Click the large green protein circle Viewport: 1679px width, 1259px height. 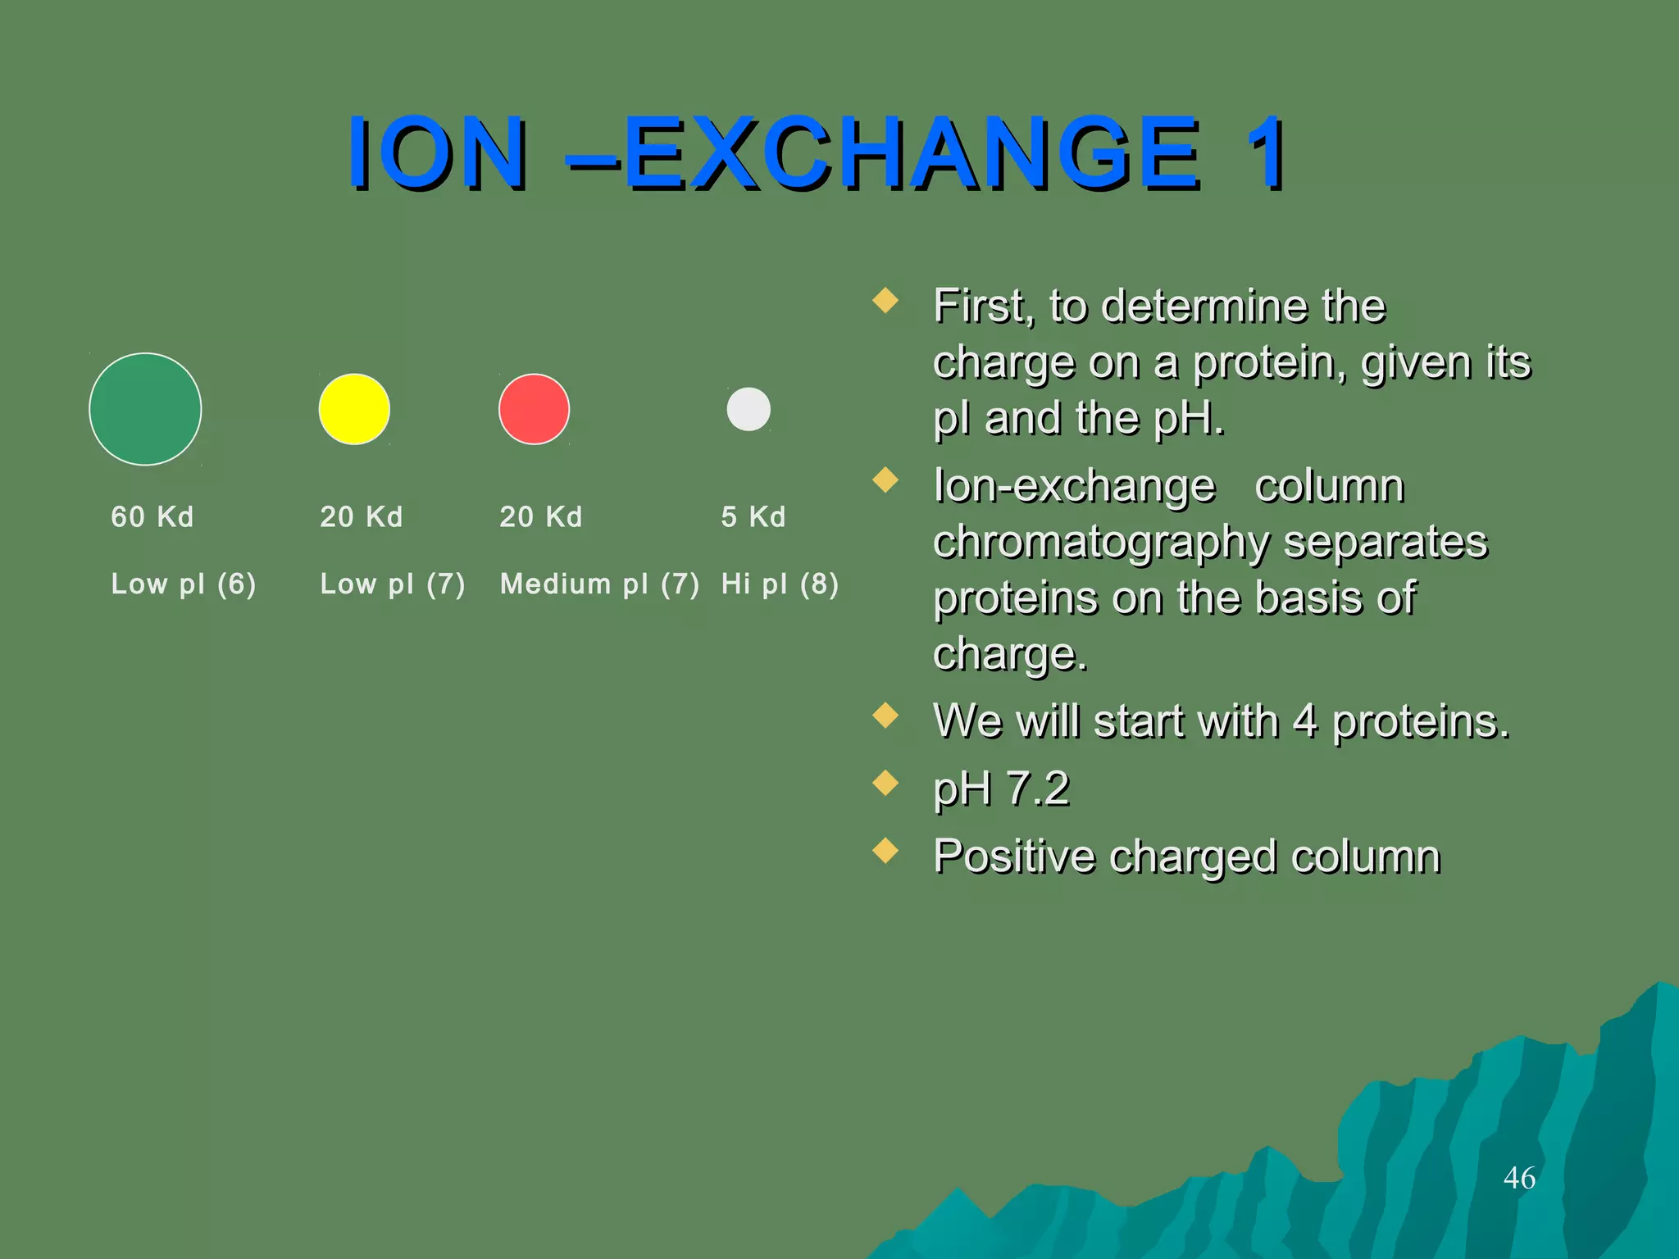pos(145,409)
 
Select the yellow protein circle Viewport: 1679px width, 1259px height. pos(354,409)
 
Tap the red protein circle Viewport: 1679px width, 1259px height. pos(534,409)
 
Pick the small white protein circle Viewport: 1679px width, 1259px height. pos(748,409)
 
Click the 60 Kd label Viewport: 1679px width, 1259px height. pos(152,517)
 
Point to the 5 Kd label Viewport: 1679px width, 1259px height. pos(753,517)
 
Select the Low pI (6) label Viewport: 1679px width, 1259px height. pos(184,584)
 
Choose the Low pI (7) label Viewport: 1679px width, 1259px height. pos(393,584)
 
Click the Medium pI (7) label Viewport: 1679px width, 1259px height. pos(599,584)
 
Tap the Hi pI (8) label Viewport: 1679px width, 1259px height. pos(780,584)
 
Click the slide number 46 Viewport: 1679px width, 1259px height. pos(1519,1178)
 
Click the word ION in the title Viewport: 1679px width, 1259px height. pos(437,153)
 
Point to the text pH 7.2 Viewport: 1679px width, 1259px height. pos(1001,789)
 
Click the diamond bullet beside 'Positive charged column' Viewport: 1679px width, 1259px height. pos(885,851)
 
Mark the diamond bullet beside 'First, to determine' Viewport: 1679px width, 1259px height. pos(885,300)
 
